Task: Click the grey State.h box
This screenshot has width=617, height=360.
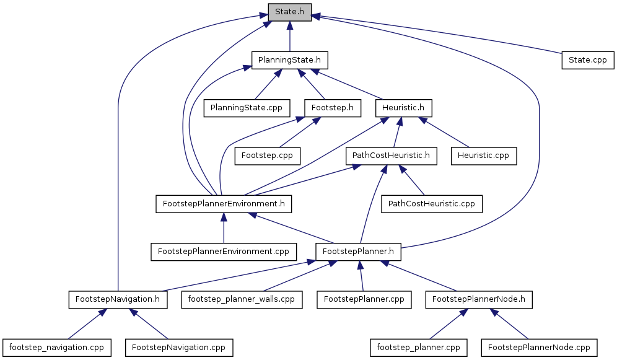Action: point(289,12)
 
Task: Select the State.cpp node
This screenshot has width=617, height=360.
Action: point(587,60)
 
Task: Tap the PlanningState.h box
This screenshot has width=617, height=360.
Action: point(289,60)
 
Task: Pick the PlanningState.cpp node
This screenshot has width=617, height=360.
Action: point(247,108)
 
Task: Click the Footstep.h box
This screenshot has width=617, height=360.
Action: point(333,108)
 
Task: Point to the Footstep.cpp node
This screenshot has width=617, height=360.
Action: point(267,155)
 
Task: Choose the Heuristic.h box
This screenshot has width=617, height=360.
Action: point(403,108)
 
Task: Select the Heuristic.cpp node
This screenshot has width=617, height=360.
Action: point(484,155)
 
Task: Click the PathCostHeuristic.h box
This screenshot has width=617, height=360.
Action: point(391,155)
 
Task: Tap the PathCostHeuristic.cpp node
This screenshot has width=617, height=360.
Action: point(432,203)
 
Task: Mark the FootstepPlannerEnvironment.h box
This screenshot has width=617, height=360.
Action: point(224,203)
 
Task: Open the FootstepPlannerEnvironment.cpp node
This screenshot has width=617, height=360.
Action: point(224,252)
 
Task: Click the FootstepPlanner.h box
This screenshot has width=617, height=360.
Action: point(358,252)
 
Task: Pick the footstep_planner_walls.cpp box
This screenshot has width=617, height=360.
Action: point(242,299)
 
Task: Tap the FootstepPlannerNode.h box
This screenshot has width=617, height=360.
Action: point(479,299)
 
